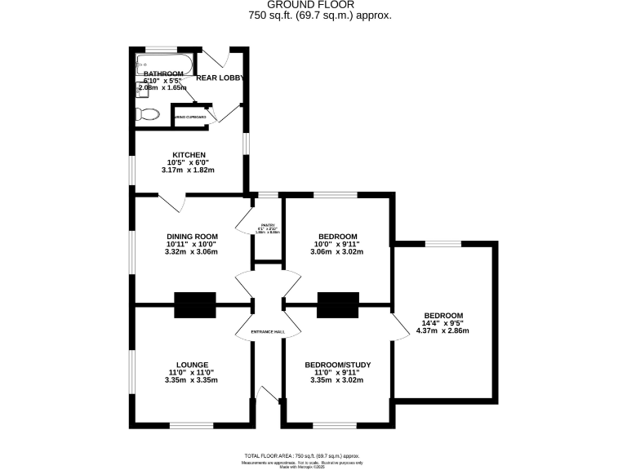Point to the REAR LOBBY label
(x=220, y=78)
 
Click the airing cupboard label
(x=189, y=117)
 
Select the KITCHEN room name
(x=188, y=154)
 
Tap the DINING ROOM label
(x=189, y=236)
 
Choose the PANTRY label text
(x=265, y=225)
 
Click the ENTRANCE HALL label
(x=266, y=330)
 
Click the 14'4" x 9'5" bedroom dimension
(x=442, y=323)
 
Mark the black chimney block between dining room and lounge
(x=195, y=304)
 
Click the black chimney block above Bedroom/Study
(x=338, y=304)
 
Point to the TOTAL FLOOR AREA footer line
(x=302, y=456)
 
